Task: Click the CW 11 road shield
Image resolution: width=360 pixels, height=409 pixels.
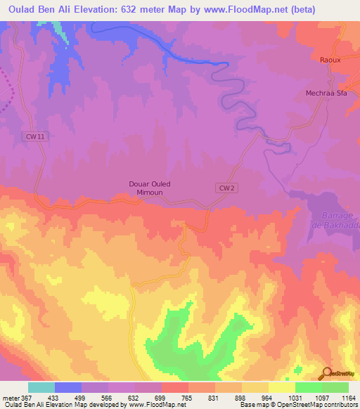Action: (x=36, y=137)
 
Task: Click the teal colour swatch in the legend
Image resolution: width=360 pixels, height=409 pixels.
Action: (x=41, y=387)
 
